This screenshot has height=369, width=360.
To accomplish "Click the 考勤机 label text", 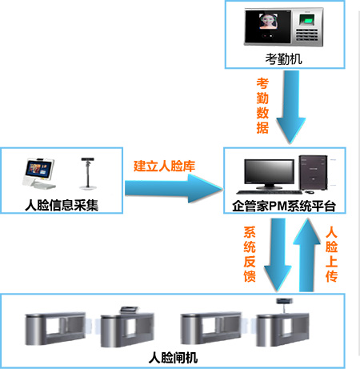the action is [283, 59].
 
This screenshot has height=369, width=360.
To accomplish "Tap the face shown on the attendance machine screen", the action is [268, 21].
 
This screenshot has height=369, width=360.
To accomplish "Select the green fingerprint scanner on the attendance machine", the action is [307, 19].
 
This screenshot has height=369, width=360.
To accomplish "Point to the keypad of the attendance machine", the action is [306, 35].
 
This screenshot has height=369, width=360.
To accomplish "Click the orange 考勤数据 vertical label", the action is [262, 106].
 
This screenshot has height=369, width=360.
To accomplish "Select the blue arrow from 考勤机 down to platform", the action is [291, 107].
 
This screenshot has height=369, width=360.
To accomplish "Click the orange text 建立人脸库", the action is [164, 166].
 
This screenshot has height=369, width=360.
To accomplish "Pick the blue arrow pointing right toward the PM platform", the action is [174, 189].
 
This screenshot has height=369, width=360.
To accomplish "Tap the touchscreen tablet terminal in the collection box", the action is [39, 174].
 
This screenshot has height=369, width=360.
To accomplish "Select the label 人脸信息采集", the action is [62, 205].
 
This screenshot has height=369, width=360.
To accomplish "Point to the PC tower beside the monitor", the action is [313, 172].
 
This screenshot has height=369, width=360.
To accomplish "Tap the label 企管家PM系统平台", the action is [284, 207].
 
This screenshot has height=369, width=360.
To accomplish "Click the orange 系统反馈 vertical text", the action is [250, 255].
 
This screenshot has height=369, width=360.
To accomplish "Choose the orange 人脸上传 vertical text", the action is [331, 255].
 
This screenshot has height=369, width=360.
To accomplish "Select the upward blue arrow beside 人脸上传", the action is [306, 255].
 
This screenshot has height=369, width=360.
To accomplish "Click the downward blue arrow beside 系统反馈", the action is [278, 255].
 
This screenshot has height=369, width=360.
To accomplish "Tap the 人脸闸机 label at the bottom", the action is [173, 358].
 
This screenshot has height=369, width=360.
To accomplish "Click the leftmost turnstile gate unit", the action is [55, 328].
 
